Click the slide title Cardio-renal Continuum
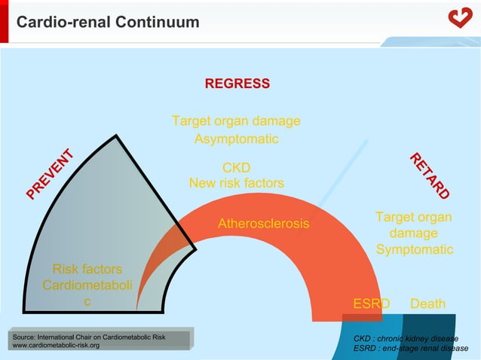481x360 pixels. tap(108, 23)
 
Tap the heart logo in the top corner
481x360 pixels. tap(459, 17)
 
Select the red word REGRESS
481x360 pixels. tap(237, 84)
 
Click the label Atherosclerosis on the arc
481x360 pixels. tap(263, 224)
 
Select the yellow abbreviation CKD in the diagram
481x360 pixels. tap(236, 167)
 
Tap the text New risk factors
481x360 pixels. tap(236, 183)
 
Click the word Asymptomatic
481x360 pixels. tap(236, 139)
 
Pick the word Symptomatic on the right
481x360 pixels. tap(414, 249)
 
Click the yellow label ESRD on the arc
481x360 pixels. tap(372, 304)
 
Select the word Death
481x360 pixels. tap(427, 304)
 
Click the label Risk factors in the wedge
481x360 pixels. tap(87, 269)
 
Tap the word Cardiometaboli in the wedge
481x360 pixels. tap(87, 285)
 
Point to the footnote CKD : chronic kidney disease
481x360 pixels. tap(406, 338)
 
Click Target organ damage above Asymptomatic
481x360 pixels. tap(236, 121)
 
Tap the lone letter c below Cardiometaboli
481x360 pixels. tap(87, 302)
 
